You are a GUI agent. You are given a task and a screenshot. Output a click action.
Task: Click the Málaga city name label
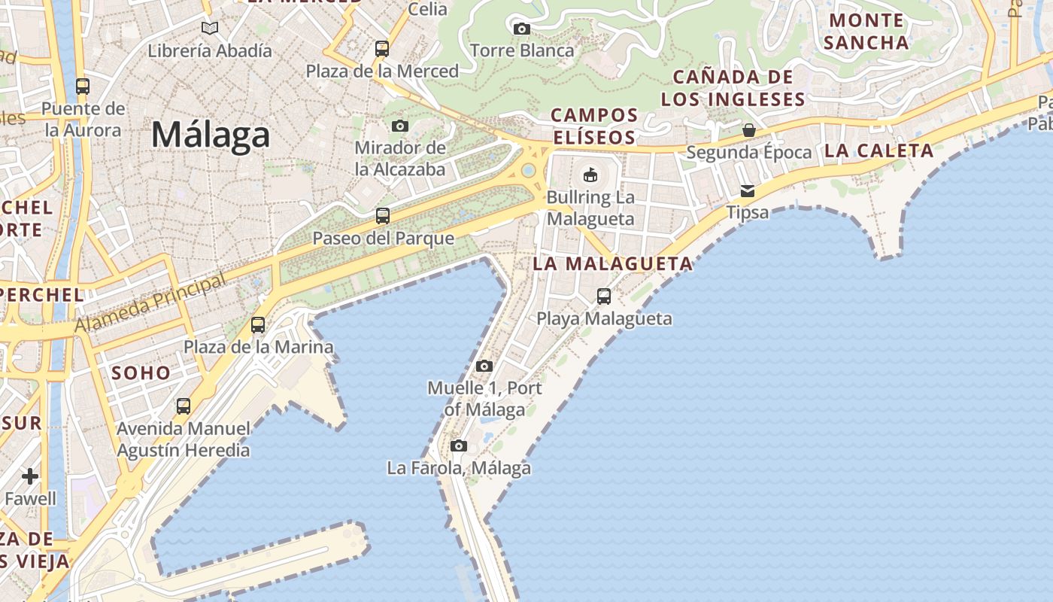(211, 135)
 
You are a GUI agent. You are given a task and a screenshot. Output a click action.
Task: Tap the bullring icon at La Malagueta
(590, 175)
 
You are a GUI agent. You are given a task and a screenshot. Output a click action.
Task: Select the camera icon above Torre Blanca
(521, 29)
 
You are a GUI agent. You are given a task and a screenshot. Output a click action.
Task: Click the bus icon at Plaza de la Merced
(382, 49)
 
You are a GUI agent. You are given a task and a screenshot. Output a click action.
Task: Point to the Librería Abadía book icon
(210, 29)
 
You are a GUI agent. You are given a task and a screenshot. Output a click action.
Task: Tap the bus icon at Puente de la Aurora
(83, 87)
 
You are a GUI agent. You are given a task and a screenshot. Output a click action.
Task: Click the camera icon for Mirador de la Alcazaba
(400, 126)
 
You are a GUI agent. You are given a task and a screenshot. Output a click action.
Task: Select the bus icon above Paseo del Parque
(383, 216)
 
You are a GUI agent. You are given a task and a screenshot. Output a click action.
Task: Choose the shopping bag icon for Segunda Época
(749, 130)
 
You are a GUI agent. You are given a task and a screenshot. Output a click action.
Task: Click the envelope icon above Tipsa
(748, 191)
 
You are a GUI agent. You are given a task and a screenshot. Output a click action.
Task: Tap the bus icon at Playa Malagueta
(604, 296)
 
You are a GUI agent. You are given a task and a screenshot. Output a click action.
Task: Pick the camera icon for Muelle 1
(484, 366)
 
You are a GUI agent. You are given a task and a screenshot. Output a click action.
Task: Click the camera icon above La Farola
(459, 446)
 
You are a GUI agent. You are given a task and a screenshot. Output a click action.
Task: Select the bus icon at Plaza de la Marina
(258, 325)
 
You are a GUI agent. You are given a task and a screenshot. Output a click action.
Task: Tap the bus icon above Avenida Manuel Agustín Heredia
(184, 406)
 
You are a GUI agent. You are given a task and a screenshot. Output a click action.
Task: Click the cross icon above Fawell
(30, 476)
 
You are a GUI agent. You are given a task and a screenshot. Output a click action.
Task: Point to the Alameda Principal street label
(150, 305)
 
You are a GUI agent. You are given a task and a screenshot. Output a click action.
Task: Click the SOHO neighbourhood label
(141, 372)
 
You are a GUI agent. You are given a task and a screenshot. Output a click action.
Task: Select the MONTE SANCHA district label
(866, 31)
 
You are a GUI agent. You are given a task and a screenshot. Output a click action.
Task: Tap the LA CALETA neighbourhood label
(879, 150)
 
